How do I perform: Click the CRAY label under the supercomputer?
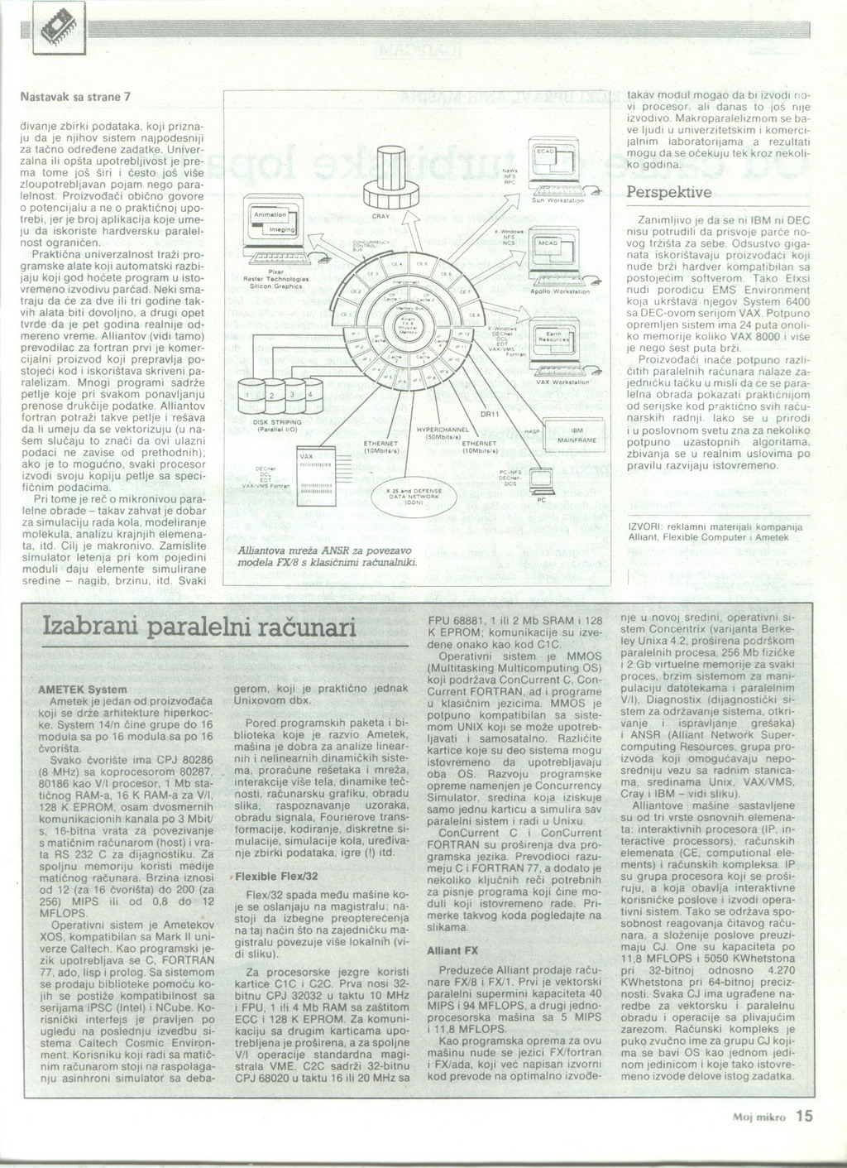pyautogui.click(x=381, y=216)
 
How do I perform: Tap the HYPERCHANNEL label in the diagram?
pyautogui.click(x=443, y=430)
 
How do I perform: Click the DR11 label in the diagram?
pyautogui.click(x=488, y=414)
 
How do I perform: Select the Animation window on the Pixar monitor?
pyautogui.click(x=270, y=213)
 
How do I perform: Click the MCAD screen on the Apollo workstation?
pyautogui.click(x=548, y=246)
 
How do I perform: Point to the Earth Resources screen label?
pyautogui.click(x=548, y=337)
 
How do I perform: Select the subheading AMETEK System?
pyautogui.click(x=83, y=689)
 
